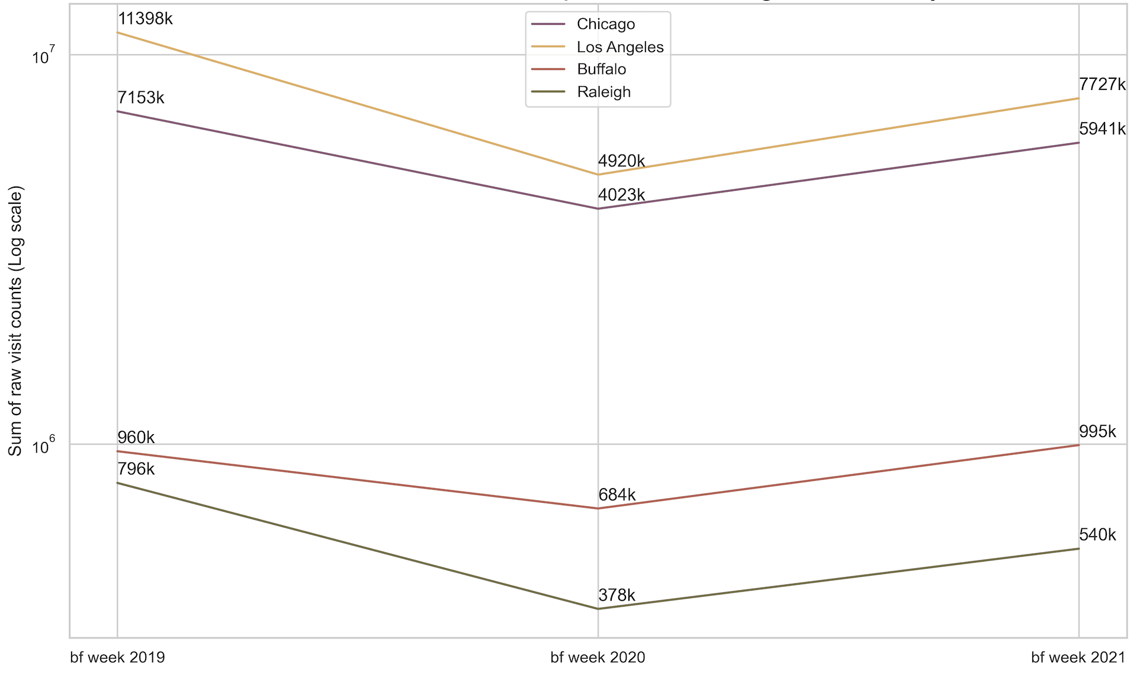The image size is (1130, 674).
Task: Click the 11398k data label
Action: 145,19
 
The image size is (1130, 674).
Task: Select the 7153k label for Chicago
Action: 141,98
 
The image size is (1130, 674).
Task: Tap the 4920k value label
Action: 621,161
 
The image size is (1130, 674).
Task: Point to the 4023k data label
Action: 621,195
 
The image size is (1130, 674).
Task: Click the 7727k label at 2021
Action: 1102,85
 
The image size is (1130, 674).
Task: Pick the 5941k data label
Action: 1102,129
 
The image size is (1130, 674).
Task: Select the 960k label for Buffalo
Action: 136,438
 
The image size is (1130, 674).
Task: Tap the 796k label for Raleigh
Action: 136,469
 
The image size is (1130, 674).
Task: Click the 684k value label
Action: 617,495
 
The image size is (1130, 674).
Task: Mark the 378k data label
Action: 617,595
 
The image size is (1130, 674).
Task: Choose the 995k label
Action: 1097,432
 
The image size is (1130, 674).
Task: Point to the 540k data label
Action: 1097,535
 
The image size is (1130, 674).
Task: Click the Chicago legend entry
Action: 605,24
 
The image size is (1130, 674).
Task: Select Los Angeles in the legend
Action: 619,47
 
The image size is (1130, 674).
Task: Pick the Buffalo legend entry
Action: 601,69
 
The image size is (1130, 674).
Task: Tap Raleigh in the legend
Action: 603,92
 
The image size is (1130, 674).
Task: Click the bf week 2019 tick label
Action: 117,657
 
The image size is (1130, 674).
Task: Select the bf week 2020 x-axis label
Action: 598,657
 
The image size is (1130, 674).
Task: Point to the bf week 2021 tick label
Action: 1077,657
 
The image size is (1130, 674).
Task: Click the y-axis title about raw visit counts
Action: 15,320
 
